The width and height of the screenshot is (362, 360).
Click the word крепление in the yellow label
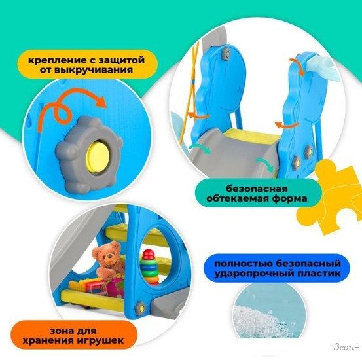[x=55, y=60]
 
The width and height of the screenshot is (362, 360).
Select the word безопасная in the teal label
[x=257, y=189]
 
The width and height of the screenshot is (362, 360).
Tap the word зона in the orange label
[x=60, y=331]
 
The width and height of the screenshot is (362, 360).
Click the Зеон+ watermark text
[x=346, y=347]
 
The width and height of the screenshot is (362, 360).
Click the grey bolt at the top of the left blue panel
[x=226, y=54]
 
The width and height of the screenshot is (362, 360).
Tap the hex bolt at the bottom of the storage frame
[x=140, y=308]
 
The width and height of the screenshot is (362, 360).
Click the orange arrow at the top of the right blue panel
[x=297, y=66]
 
